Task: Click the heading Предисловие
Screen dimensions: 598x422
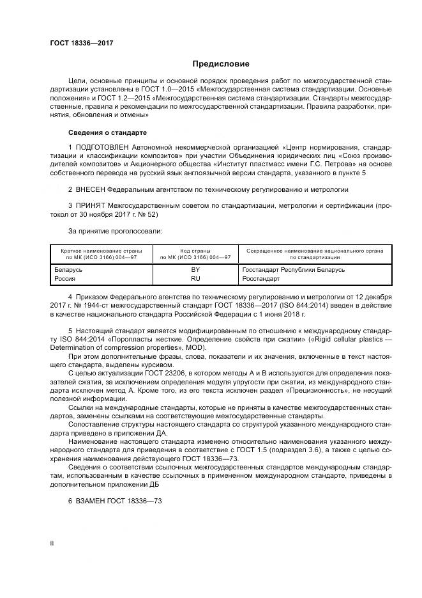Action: (221, 64)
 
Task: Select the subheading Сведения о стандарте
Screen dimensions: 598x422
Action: (107, 132)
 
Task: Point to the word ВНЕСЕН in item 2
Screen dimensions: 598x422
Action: (91, 190)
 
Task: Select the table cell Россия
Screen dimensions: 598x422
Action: (66, 279)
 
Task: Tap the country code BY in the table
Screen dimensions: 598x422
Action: (195, 270)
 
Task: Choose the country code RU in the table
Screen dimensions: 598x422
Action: (195, 279)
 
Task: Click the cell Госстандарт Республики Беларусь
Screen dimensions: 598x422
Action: (293, 270)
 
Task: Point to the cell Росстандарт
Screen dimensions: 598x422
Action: (261, 279)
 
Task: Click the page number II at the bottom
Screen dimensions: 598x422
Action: (53, 543)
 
